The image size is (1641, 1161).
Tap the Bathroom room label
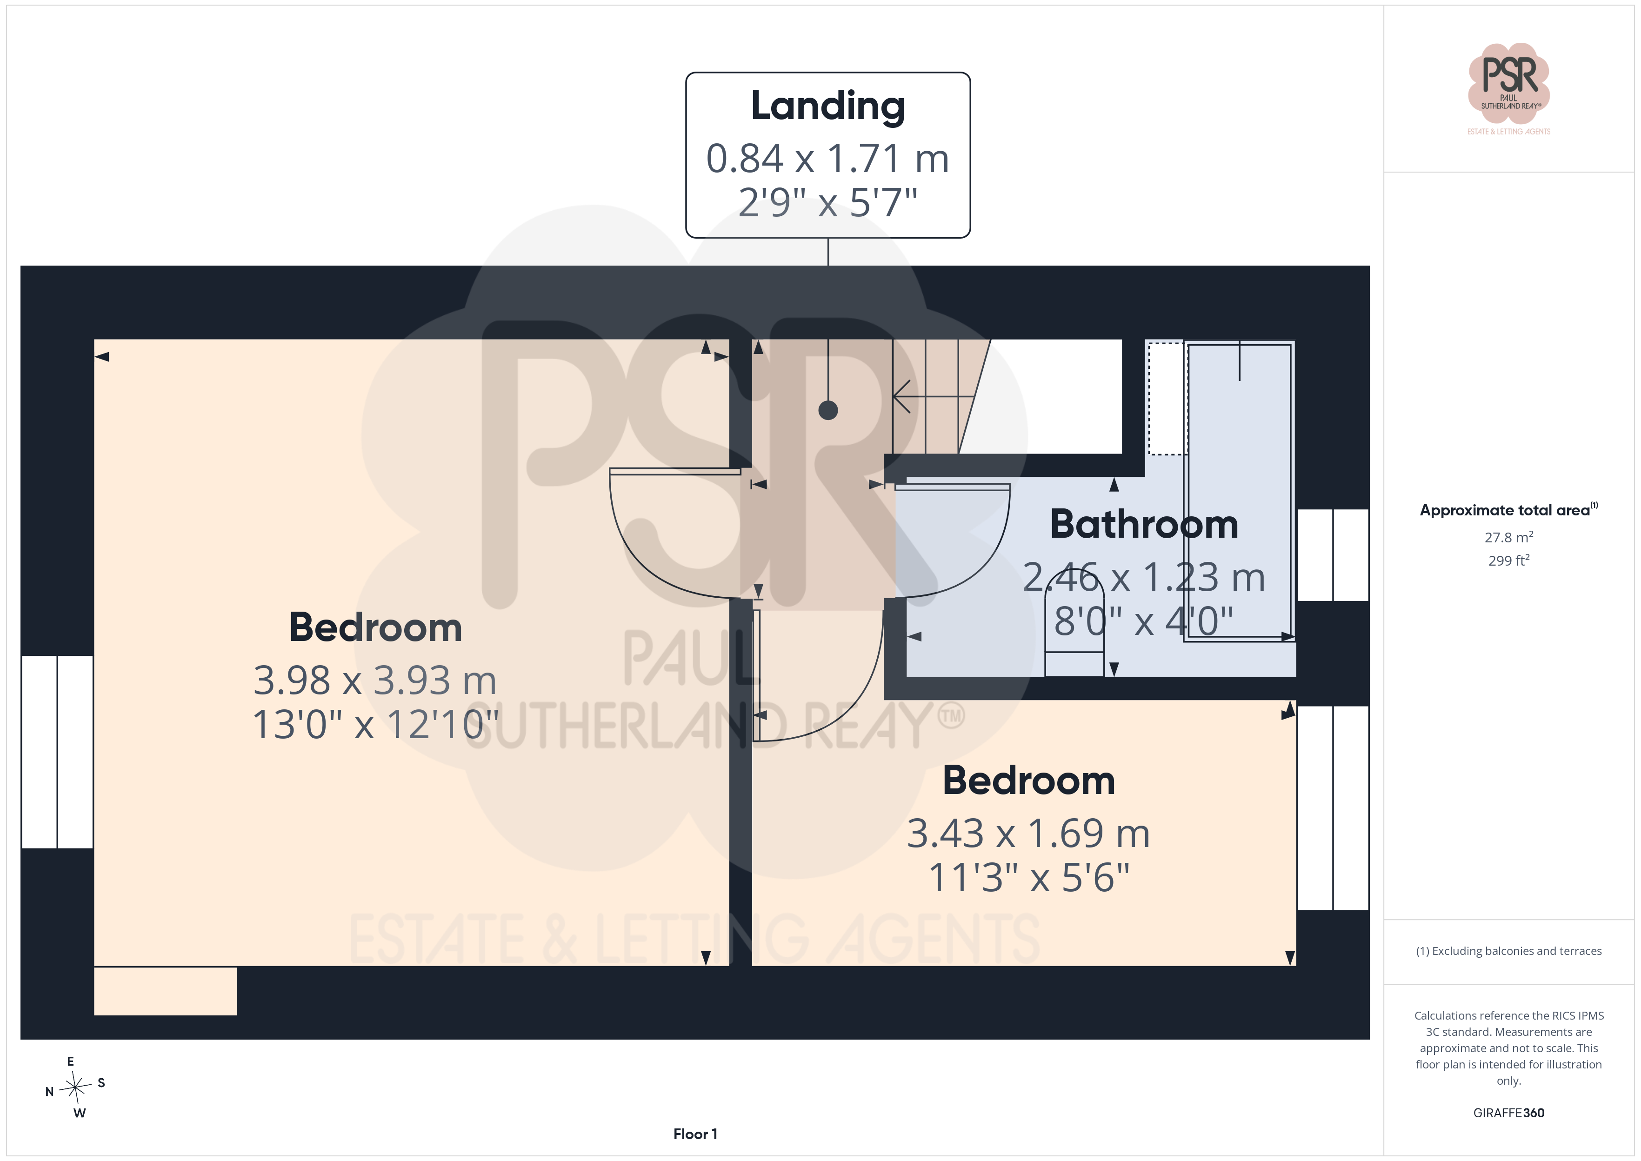tap(1144, 524)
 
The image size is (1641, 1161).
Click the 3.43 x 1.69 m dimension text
tap(1028, 834)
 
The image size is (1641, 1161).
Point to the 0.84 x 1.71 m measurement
tap(827, 158)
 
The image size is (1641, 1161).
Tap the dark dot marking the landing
tap(827, 410)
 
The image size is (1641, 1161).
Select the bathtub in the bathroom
tap(1239, 492)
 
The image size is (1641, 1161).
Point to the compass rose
tap(75, 1088)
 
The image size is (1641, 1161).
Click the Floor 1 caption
tap(695, 1134)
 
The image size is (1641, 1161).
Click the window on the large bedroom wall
tap(57, 752)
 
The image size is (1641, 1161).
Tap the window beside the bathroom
tap(1332, 555)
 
